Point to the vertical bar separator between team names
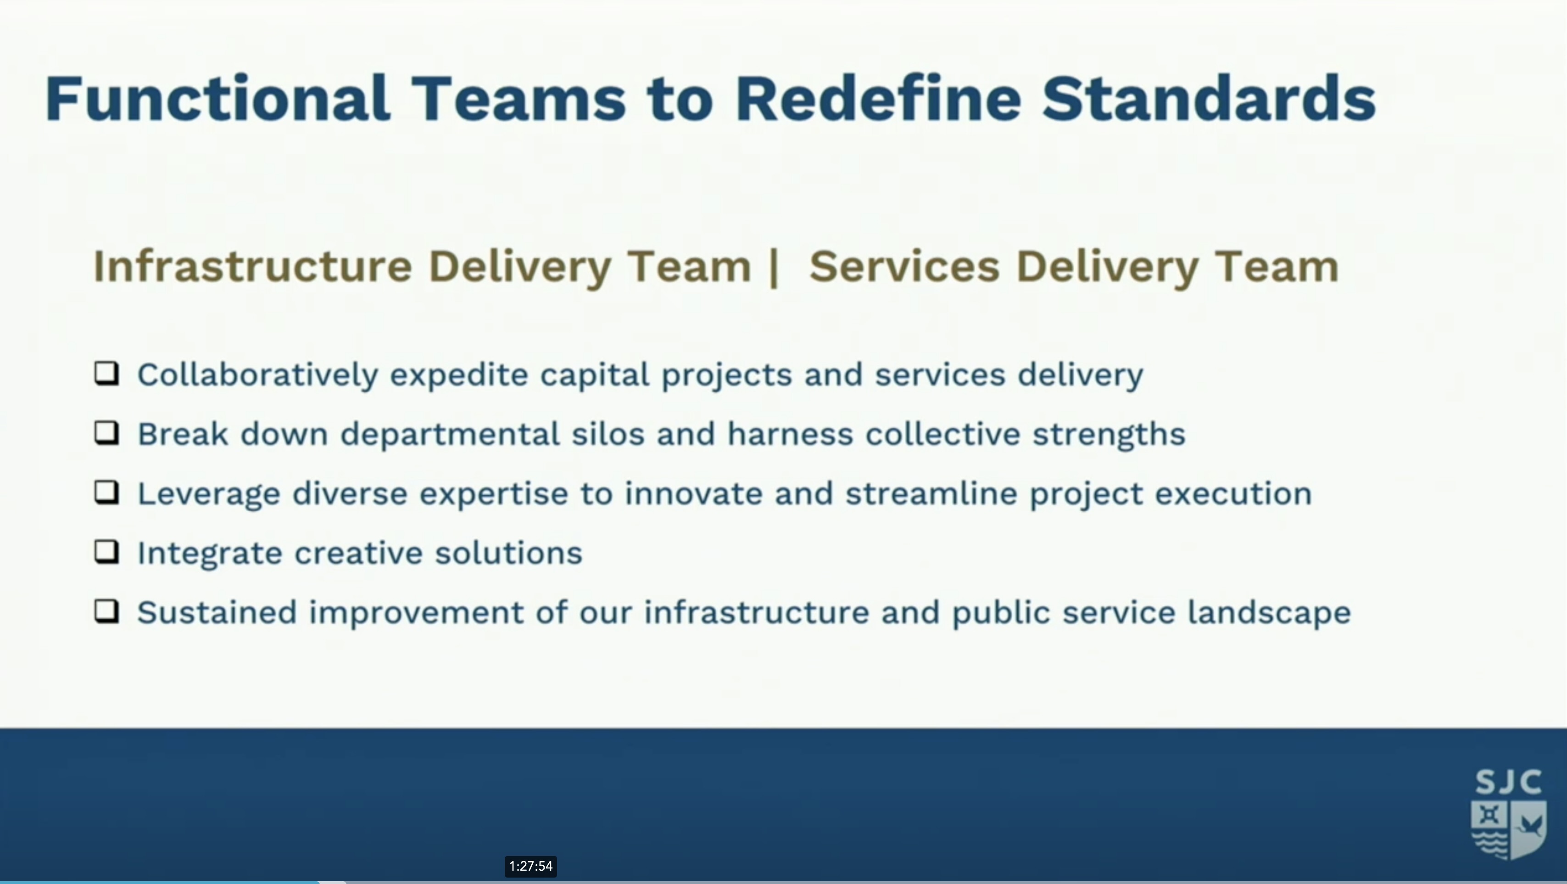pos(774,268)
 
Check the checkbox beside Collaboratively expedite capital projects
pos(106,374)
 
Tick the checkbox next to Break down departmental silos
pos(106,433)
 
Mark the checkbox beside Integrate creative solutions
pos(106,552)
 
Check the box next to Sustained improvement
pos(106,611)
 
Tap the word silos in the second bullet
pos(608,434)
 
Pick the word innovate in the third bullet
pos(693,493)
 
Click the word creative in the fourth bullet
pos(358,553)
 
